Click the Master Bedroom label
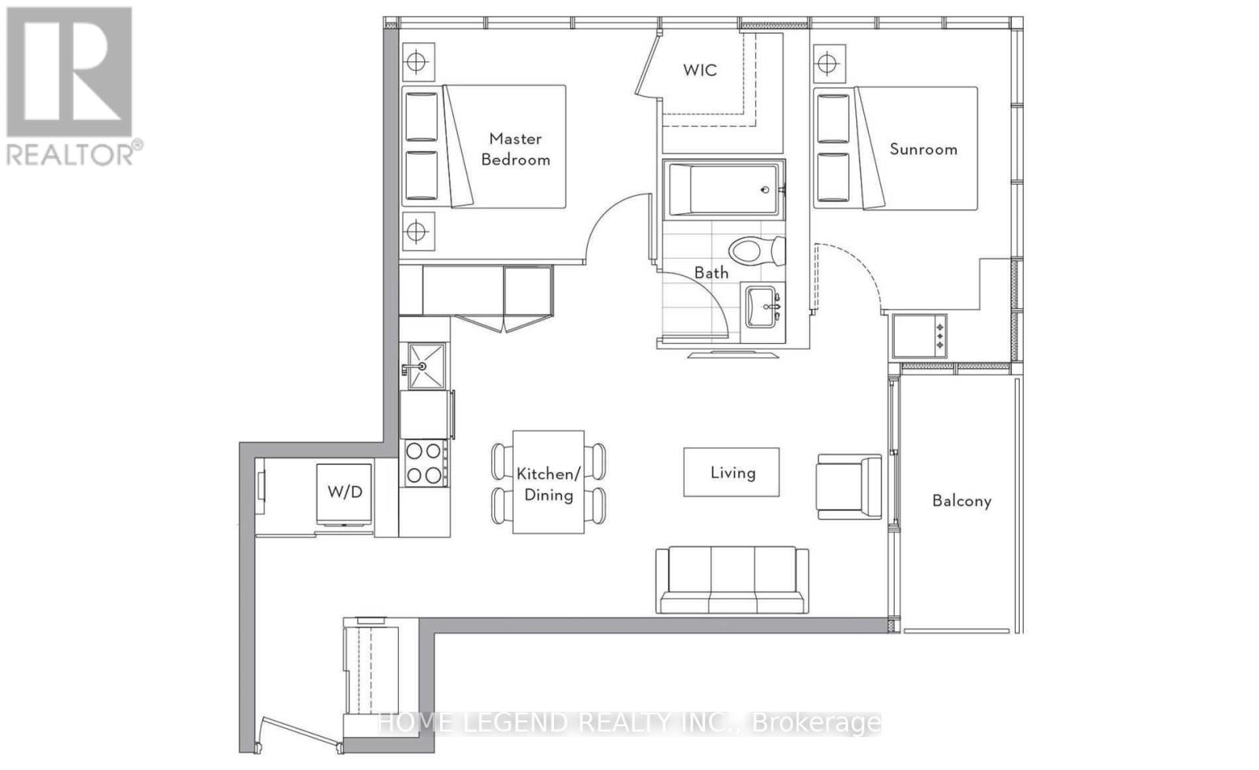pyautogui.click(x=515, y=149)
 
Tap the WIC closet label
pyautogui.click(x=700, y=70)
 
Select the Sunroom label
pyautogui.click(x=923, y=149)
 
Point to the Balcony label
pyautogui.click(x=961, y=501)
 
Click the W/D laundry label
pyautogui.click(x=345, y=492)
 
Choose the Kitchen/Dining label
pyautogui.click(x=548, y=484)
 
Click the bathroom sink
pyautogui.click(x=762, y=306)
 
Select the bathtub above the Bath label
pyautogui.click(x=724, y=189)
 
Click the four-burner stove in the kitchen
pyautogui.click(x=423, y=462)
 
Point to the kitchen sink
pyautogui.click(x=426, y=367)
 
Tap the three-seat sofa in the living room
pyautogui.click(x=732, y=580)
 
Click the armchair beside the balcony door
pyautogui.click(x=849, y=486)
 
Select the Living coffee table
pyautogui.click(x=731, y=472)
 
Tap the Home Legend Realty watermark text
pyautogui.click(x=629, y=723)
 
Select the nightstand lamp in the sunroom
pyautogui.click(x=826, y=63)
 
